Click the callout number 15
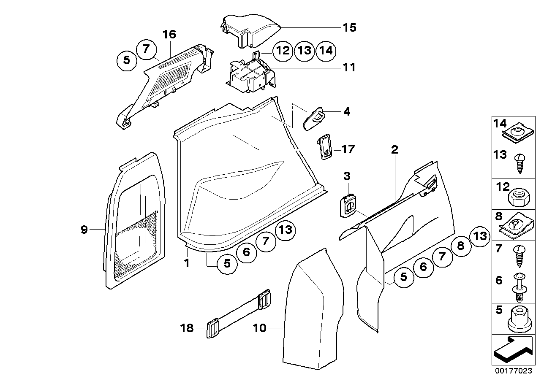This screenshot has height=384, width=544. click(349, 28)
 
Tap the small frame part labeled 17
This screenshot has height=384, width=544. click(325, 148)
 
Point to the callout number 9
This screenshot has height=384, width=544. click(84, 230)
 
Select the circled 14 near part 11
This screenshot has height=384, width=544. click(326, 51)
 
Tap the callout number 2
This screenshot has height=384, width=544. click(394, 149)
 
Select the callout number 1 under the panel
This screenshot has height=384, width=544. click(186, 263)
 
